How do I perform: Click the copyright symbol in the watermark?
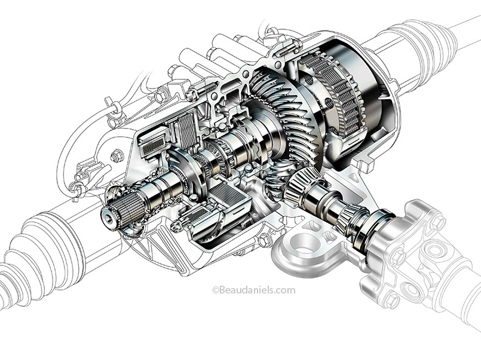216,290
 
